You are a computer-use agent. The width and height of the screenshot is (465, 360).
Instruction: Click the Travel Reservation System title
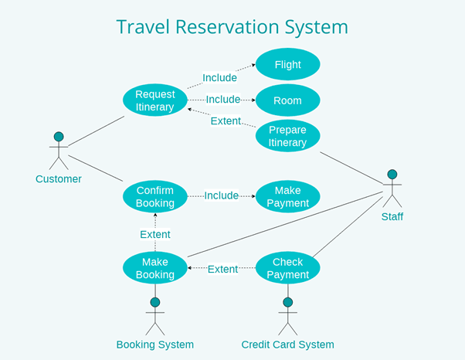click(232, 27)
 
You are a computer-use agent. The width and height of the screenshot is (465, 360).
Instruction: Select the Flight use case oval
click(287, 65)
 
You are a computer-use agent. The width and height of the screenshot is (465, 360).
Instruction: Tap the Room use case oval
click(287, 100)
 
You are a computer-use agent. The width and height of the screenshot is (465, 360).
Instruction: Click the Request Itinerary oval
click(155, 100)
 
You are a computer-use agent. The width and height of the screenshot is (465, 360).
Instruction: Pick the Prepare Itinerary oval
click(287, 136)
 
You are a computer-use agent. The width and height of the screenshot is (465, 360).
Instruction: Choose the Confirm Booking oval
click(155, 196)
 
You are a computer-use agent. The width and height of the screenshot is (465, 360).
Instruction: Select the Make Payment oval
click(287, 196)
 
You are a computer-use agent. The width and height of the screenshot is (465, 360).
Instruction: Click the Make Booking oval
click(155, 268)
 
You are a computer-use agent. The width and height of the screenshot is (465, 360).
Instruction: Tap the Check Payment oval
click(287, 268)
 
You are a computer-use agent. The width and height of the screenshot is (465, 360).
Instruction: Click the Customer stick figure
click(59, 151)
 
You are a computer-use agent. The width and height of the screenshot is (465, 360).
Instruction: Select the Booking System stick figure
click(155, 315)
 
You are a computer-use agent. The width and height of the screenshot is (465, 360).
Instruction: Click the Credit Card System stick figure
click(287, 315)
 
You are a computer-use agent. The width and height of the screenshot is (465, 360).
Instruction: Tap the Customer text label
click(59, 179)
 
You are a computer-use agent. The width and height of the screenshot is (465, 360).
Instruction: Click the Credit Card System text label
click(287, 345)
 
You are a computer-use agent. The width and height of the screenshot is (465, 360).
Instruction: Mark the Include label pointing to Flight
click(219, 78)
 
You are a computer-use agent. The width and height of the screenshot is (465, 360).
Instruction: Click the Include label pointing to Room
click(223, 100)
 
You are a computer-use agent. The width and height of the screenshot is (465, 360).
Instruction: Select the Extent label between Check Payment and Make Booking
click(222, 269)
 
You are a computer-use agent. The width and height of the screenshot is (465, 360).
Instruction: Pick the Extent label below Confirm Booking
click(155, 234)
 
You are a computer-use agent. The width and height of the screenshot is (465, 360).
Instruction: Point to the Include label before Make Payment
click(222, 196)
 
